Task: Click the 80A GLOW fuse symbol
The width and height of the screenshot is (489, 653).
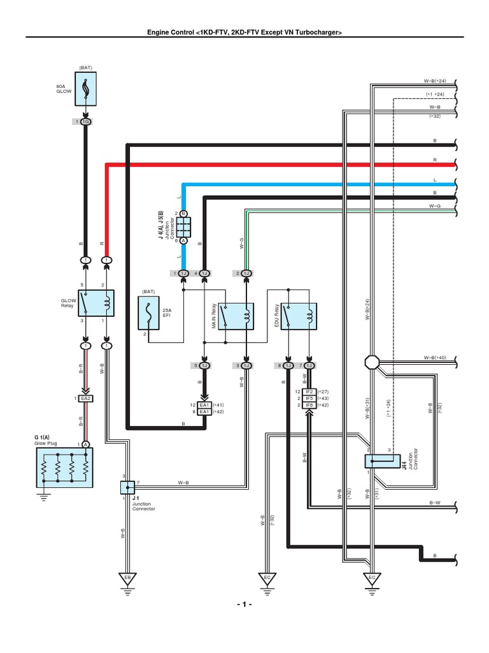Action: coord(85,88)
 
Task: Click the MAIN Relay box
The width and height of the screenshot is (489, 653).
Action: coord(237,316)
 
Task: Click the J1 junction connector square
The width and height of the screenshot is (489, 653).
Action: coord(127,488)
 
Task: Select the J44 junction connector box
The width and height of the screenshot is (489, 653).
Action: coord(378,461)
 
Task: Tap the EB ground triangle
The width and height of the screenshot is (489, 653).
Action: coord(127,578)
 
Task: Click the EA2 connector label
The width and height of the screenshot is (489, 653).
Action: coord(85,399)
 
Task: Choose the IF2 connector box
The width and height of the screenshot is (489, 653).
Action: coord(309,392)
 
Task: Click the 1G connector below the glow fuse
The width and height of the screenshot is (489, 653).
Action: coord(85,121)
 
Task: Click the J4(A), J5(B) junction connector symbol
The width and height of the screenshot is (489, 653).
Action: coord(183,226)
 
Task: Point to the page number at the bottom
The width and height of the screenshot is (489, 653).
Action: coord(244,605)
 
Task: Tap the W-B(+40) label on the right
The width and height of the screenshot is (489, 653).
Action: coord(435,358)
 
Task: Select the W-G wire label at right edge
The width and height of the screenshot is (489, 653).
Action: coord(435,206)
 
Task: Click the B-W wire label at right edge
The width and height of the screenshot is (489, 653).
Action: coord(435,503)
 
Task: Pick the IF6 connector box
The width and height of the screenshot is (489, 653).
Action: coord(309,406)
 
